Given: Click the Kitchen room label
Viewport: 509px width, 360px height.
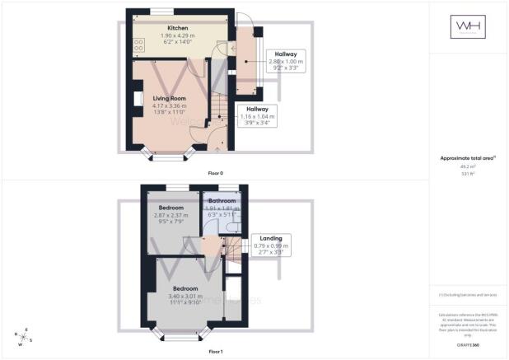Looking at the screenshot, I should coord(165,28).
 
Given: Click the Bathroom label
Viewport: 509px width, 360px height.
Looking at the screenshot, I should coord(222,201).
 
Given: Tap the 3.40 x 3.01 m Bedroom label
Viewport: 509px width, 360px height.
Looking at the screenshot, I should coord(185,289).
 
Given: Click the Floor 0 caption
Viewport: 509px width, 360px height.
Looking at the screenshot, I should coord(215,173).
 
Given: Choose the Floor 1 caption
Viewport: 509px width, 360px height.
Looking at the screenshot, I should coord(215,352).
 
